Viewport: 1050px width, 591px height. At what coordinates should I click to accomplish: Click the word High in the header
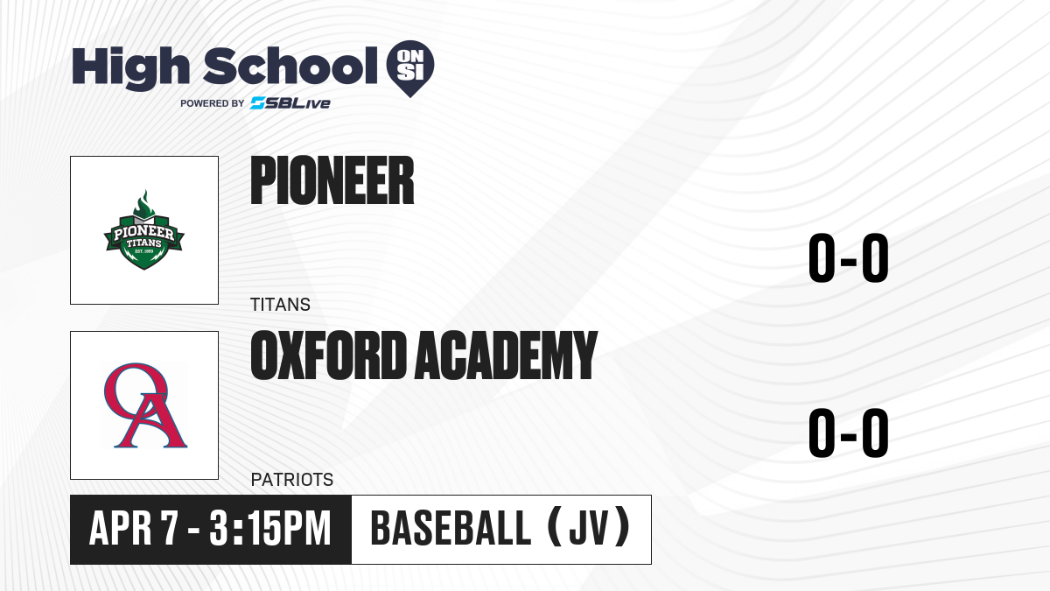pos(130,68)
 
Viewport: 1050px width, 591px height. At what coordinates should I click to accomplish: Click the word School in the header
pos(290,66)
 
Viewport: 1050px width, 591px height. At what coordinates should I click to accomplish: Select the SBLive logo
pos(290,103)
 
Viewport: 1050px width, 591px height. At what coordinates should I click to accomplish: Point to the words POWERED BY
pos(213,103)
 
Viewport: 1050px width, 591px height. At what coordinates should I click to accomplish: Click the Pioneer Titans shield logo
pos(143,229)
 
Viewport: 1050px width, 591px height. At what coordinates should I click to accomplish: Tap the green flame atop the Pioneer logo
pos(143,202)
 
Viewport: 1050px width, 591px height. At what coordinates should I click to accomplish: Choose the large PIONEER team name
pos(332,180)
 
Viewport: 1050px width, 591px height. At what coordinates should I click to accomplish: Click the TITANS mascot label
pos(280,305)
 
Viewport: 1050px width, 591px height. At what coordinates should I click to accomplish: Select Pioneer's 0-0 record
pos(849,258)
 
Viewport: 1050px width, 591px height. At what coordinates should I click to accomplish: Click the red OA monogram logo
pos(145,405)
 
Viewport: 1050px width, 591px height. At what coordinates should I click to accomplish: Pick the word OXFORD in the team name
pos(328,355)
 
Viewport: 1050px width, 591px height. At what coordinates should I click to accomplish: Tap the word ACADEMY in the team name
pos(506,355)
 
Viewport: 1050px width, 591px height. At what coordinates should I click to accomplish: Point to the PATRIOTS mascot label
pos(292,480)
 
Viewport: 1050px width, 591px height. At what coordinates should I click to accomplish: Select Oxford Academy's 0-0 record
pos(849,433)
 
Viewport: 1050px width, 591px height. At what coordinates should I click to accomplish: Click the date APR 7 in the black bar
pos(134,529)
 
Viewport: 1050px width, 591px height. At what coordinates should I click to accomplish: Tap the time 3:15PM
pos(270,529)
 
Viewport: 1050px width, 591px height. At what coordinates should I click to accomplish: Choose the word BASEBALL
pos(451,529)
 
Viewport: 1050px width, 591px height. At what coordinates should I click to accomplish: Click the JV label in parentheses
pos(589,529)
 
